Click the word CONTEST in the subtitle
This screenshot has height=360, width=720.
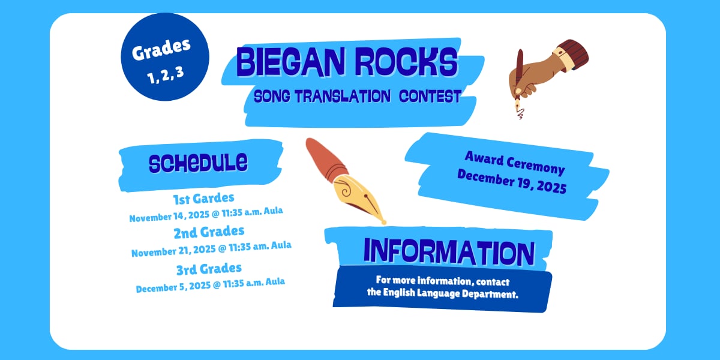click(430, 96)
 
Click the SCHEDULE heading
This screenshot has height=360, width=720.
click(198, 162)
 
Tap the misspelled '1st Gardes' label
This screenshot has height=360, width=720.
click(203, 197)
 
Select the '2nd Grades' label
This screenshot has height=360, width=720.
click(209, 231)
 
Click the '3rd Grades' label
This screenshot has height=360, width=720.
click(209, 268)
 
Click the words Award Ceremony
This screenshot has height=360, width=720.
click(514, 163)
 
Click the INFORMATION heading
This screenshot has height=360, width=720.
click(449, 252)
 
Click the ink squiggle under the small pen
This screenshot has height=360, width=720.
click(519, 112)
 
